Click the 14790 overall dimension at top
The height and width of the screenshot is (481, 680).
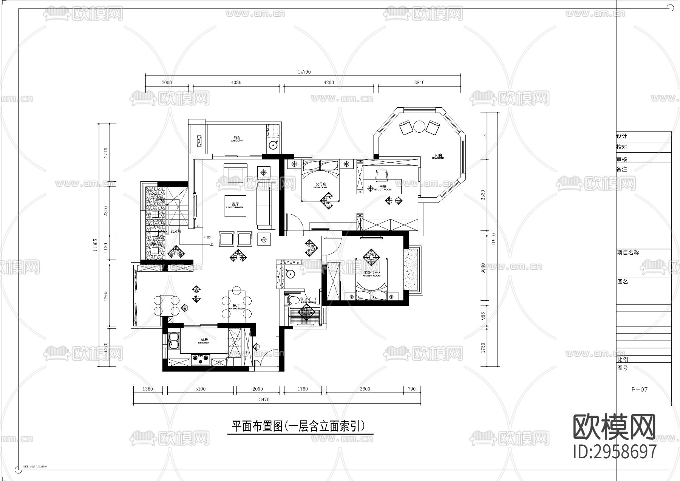(304, 72)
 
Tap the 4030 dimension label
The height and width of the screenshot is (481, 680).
(236, 82)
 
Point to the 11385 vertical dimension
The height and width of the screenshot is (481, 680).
(95, 245)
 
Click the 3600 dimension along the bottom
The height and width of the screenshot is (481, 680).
(365, 389)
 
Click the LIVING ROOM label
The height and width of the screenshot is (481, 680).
(235, 206)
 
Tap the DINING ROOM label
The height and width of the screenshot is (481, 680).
(236, 307)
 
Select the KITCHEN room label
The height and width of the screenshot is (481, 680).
(203, 341)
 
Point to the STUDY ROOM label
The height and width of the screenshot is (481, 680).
(383, 188)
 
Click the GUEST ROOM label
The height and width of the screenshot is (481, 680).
(372, 274)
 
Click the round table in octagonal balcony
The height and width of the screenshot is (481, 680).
(419, 126)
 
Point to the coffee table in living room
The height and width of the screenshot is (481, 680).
(235, 206)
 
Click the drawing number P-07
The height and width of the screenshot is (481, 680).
(640, 389)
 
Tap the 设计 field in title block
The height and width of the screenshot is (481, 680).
(622, 136)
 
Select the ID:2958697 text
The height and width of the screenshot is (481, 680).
(615, 452)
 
